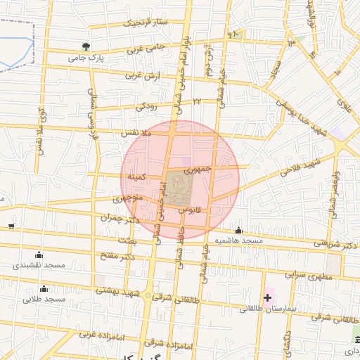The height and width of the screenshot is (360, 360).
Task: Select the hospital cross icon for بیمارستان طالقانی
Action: [267, 297]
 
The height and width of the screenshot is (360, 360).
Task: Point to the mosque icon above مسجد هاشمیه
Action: [238, 231]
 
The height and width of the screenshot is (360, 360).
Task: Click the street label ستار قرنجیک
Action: [146, 22]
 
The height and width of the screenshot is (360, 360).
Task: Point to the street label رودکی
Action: [145, 106]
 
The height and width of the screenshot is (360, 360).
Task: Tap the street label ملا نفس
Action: [136, 132]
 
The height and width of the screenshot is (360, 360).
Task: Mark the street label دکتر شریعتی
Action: [330, 245]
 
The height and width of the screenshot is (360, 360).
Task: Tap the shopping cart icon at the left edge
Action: [11, 226]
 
